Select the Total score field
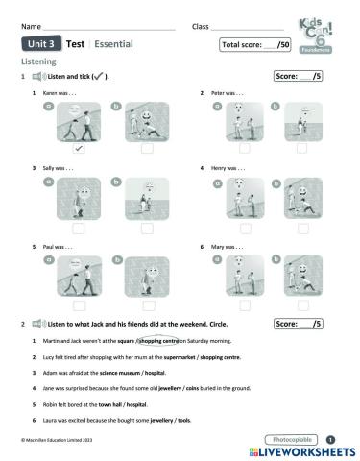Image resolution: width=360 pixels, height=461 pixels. click(x=256, y=44)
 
